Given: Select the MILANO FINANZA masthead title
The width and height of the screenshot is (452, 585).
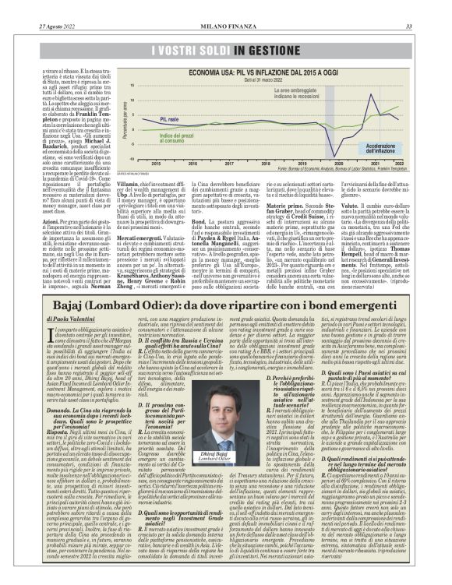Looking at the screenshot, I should pyautogui.click(x=226, y=6).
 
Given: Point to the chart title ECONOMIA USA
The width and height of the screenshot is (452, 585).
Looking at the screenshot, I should pyautogui.click(x=210, y=49).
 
